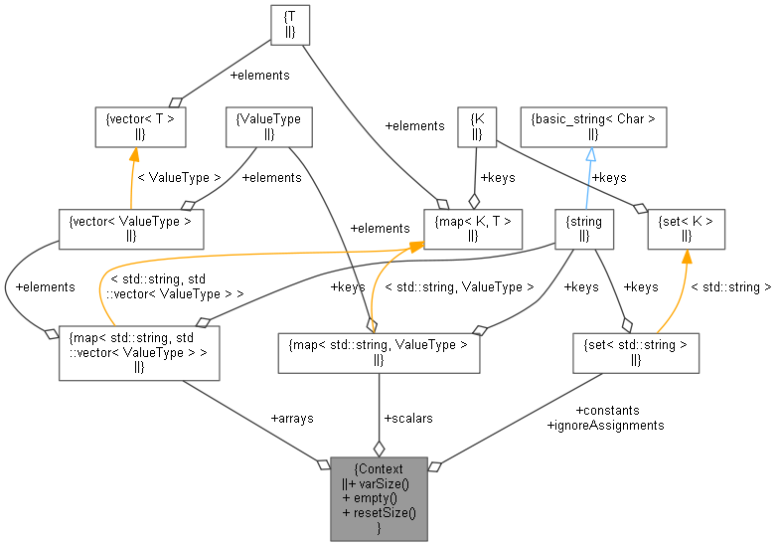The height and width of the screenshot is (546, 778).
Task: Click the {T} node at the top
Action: tap(290, 25)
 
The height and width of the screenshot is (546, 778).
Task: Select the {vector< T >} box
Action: tap(140, 127)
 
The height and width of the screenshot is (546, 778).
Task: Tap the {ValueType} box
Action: tap(269, 127)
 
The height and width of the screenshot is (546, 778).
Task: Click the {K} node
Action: tap(477, 127)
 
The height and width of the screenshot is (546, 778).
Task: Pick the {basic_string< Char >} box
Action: tap(593, 127)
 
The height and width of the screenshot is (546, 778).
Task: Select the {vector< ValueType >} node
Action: tap(131, 228)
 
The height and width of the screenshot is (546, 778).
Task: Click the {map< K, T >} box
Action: tap(473, 228)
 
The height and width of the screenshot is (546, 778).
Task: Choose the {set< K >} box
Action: tap(686, 228)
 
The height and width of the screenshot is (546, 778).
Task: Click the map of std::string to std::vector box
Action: tap(138, 351)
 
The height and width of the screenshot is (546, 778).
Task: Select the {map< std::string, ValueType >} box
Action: tap(378, 352)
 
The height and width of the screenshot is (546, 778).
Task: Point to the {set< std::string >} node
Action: tap(636, 352)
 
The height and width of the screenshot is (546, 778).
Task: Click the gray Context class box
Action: tap(379, 498)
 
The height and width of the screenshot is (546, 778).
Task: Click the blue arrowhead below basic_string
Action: tap(590, 155)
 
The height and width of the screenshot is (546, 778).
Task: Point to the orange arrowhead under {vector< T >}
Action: tap(133, 155)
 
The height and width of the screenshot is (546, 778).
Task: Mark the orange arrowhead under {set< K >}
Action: tap(685, 257)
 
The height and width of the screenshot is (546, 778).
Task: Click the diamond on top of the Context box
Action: tap(379, 449)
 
